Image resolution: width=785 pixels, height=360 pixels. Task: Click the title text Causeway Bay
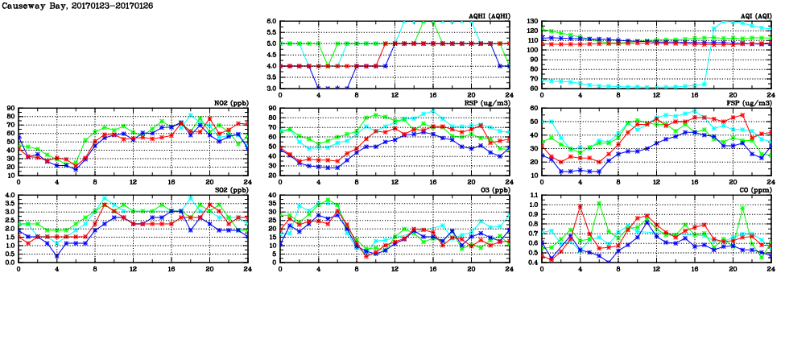coord(24,6)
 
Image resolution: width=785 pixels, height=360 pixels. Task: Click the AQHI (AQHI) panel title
coord(490,16)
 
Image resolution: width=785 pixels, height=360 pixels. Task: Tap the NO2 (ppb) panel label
coord(233,103)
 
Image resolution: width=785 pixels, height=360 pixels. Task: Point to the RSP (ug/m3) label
coord(491,103)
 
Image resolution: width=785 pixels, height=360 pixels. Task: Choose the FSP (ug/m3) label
coord(753,103)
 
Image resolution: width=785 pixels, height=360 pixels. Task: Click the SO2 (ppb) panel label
coord(233,190)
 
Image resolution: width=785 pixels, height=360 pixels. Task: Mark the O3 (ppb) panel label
coord(496,190)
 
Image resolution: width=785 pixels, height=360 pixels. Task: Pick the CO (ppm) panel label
coord(756,190)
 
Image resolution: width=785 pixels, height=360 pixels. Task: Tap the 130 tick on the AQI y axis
coord(533,22)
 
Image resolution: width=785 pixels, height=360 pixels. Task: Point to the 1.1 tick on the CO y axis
coord(534,195)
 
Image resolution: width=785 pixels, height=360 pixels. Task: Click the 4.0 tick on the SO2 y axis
coord(10,195)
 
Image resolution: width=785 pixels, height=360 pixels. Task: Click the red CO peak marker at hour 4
coord(580,206)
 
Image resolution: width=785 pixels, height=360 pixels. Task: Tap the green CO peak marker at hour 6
coord(599,203)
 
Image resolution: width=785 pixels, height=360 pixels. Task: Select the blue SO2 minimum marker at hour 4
coord(57,255)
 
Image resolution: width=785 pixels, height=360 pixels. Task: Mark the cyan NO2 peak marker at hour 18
coord(190,115)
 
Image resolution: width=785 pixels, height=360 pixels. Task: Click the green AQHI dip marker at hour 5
coord(328,65)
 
